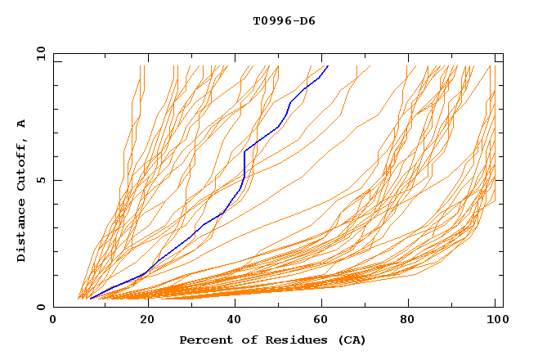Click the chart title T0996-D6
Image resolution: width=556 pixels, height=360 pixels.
pos(284,21)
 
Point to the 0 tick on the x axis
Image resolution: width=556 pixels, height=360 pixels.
pos(53,320)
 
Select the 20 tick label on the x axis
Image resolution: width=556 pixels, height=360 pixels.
pos(147,320)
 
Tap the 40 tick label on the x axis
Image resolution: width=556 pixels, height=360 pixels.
pos(235,320)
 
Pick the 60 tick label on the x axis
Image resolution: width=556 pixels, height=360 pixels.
pos(325,320)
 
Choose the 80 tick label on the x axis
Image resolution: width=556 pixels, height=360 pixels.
pos(413,320)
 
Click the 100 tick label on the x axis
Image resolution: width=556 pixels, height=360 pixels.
pos(495,320)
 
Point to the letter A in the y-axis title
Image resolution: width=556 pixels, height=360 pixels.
pos(22,123)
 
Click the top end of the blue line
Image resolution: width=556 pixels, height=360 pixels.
pos(328,65)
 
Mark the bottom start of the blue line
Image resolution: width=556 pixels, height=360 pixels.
pos(90,299)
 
